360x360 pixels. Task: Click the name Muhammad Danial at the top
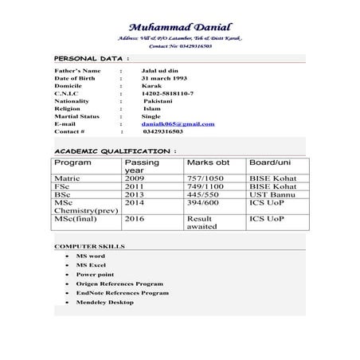point(179,26)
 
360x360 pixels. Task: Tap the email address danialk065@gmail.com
point(178,124)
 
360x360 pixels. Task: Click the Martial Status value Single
point(151,116)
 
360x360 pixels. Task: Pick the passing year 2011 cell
point(134,186)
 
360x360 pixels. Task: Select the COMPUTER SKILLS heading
point(89,247)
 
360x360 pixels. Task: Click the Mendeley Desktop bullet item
point(105,302)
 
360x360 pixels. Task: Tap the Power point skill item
point(95,273)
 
